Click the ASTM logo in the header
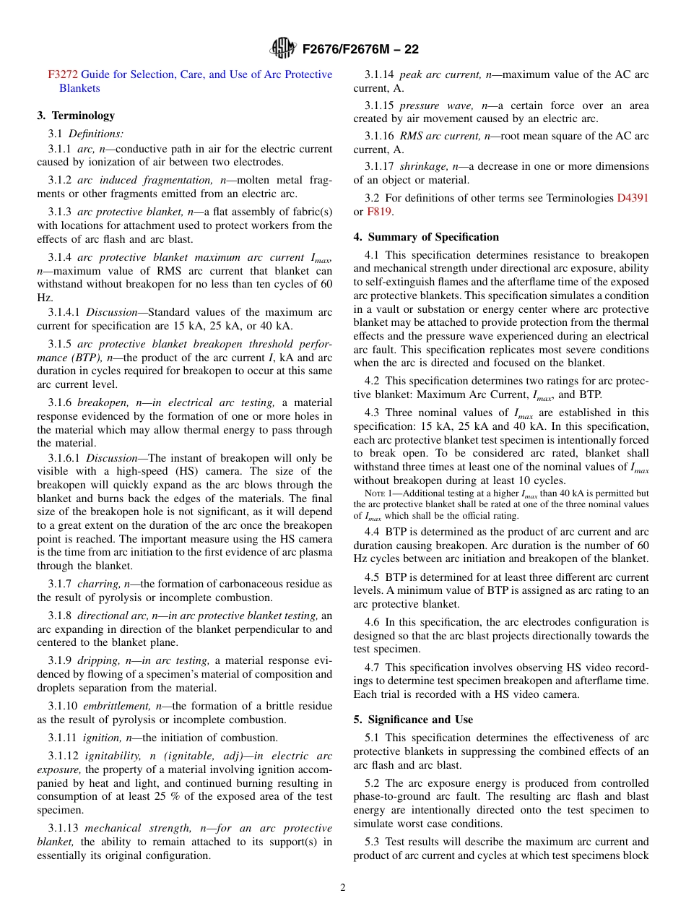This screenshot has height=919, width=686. pyautogui.click(x=282, y=48)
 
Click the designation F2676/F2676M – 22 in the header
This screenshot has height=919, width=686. pyautogui.click(x=360, y=49)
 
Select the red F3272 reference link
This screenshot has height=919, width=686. pyautogui.click(x=63, y=74)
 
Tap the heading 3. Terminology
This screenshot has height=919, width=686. pyautogui.click(x=76, y=116)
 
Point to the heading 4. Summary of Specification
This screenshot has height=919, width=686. pyautogui.click(x=426, y=237)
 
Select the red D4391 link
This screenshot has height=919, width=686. pyautogui.click(x=633, y=198)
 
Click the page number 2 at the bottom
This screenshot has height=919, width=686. pyautogui.click(x=343, y=888)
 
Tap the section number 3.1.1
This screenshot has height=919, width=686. pyautogui.click(x=61, y=149)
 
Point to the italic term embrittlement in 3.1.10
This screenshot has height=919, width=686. pyautogui.click(x=116, y=706)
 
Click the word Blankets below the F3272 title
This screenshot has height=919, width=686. pyautogui.click(x=79, y=88)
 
